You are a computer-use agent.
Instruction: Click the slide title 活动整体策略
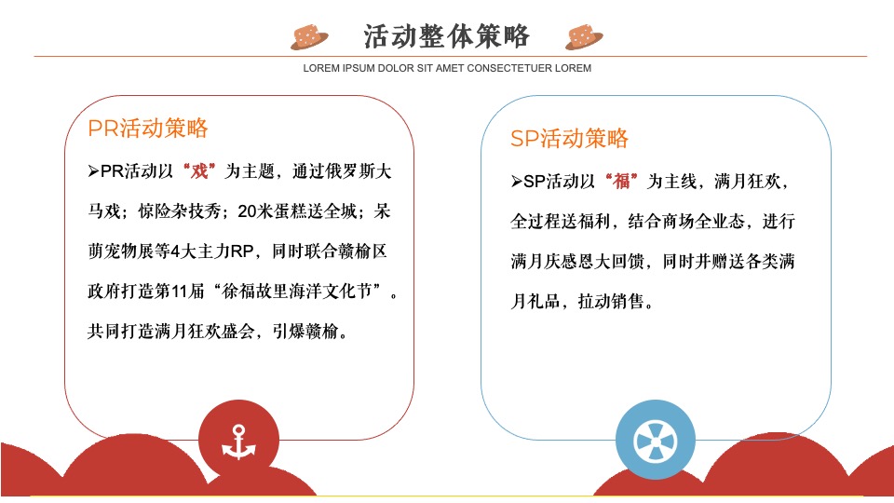pos(446,35)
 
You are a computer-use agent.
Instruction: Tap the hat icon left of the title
pos(310,36)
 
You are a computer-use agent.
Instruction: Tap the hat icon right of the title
pos(584,36)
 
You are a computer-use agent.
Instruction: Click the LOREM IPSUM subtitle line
pos(447,68)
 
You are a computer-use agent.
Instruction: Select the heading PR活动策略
pos(148,129)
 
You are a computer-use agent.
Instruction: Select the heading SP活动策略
pos(569,139)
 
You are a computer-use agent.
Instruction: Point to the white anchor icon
pos(238,441)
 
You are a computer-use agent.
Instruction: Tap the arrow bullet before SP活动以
pos(517,182)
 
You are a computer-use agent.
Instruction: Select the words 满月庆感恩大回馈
pos(574,262)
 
